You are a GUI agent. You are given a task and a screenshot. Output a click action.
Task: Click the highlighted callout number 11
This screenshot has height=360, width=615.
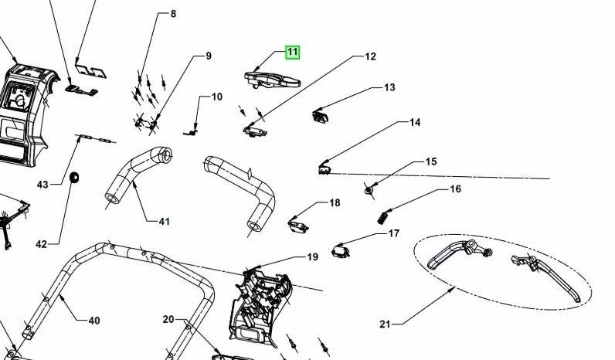point(292,53)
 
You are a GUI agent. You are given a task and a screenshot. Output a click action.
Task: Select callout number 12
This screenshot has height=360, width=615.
point(370,56)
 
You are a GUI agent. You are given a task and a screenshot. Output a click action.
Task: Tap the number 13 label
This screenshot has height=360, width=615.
point(389,87)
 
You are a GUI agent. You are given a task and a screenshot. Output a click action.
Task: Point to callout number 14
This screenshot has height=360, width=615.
point(415,122)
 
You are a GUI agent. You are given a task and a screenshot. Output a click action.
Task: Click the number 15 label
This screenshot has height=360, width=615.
point(430,161)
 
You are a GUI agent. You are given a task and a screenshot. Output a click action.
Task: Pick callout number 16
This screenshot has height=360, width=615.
point(455,188)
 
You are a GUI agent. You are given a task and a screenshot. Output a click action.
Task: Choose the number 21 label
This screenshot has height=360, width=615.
point(385,324)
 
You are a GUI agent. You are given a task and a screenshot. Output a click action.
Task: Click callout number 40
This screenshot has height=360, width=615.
point(93,320)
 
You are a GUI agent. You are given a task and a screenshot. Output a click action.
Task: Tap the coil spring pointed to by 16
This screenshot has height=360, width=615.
point(382,217)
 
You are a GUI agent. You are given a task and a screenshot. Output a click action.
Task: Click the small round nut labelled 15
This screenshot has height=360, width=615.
point(369,189)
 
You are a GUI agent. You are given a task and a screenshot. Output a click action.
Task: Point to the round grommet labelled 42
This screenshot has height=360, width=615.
point(75,178)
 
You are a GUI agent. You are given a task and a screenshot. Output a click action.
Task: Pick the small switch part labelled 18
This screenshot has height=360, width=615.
point(297,224)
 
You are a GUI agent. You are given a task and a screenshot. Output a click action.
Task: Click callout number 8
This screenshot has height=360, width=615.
point(173,14)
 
